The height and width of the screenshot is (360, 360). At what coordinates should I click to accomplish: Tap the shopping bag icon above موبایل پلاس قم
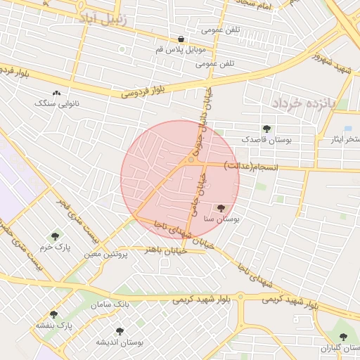(x=181, y=39)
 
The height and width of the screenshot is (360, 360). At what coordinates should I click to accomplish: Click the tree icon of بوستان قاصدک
(x=266, y=128)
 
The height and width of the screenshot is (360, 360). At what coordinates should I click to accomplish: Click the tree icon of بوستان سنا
(x=221, y=208)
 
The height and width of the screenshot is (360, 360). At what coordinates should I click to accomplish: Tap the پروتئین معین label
(x=106, y=254)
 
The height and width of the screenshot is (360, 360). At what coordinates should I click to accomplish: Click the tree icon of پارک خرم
(x=56, y=236)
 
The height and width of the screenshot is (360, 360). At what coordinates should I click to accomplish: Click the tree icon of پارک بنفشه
(x=53, y=315)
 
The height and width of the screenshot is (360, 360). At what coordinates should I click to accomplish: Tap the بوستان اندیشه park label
(x=120, y=342)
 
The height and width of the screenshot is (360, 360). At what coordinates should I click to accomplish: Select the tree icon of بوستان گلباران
(x=343, y=337)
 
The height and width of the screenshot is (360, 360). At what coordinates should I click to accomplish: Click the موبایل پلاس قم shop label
(x=182, y=51)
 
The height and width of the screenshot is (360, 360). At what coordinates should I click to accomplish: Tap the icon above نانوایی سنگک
(x=56, y=93)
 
